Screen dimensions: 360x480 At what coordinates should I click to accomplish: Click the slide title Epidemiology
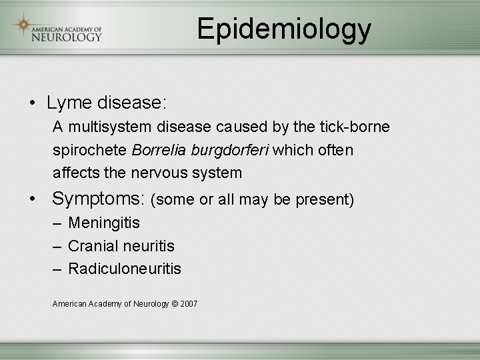284,29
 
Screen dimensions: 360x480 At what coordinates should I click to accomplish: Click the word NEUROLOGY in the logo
67,37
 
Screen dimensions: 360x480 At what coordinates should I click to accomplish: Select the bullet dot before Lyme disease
31,104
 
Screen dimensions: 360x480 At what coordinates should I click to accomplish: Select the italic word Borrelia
159,150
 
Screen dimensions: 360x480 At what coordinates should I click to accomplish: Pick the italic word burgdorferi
230,150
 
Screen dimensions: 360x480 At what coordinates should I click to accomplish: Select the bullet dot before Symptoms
31,199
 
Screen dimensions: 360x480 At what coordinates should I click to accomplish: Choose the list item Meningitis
104,223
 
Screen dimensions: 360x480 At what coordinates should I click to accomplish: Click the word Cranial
92,246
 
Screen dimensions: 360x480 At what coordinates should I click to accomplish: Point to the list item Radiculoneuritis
125,269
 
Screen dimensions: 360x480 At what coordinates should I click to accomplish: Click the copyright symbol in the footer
175,304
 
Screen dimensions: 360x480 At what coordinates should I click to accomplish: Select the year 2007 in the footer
189,304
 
